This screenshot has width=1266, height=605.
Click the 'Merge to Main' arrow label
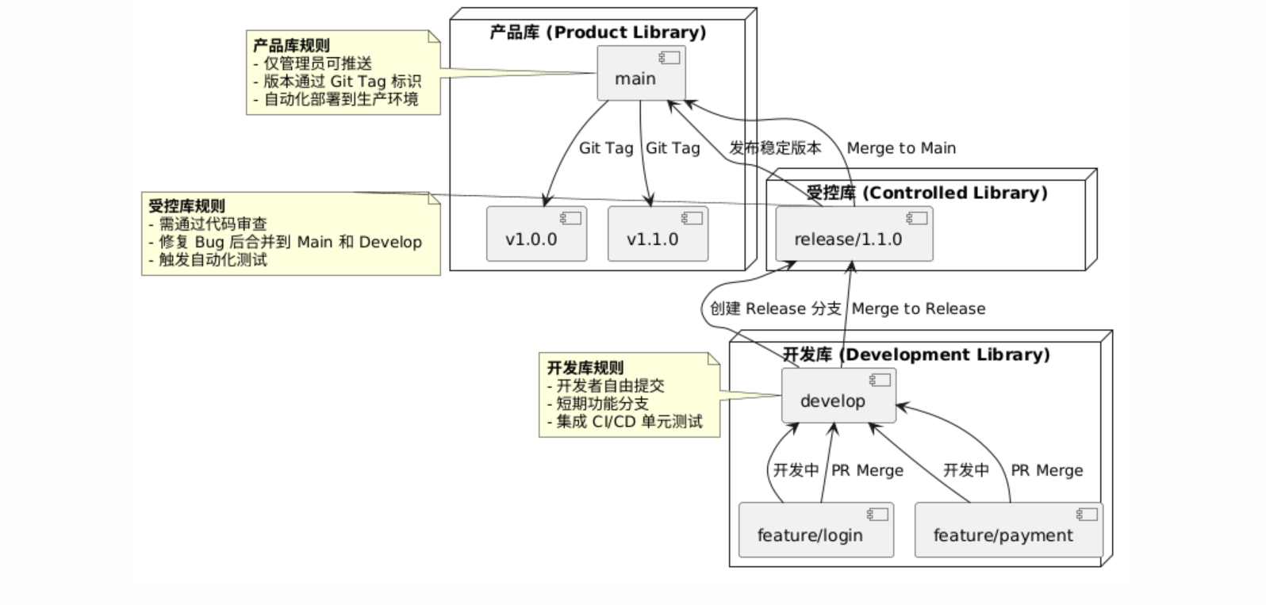click(x=901, y=148)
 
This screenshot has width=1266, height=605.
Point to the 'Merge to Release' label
click(x=919, y=309)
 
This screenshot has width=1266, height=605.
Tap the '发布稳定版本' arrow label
click(x=775, y=148)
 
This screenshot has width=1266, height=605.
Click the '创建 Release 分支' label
click(x=775, y=309)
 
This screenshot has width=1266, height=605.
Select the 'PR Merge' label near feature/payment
click(x=1046, y=471)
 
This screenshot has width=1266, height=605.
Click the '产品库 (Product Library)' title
click(x=597, y=33)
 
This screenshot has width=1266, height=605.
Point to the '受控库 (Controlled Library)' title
click(x=926, y=193)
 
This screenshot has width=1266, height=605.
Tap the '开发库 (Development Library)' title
click(x=916, y=354)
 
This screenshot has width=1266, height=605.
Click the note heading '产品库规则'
click(x=291, y=46)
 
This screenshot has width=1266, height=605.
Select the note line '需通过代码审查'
click(x=213, y=224)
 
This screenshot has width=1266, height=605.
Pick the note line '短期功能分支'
click(x=602, y=404)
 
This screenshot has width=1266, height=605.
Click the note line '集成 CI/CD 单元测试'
click(x=629, y=422)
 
